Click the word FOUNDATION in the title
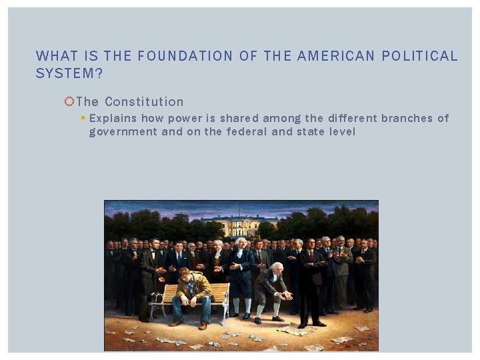(177, 57)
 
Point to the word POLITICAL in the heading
(419, 57)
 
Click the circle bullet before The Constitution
(69, 102)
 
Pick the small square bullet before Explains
(83, 118)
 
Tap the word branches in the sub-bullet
(407, 119)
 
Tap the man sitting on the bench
(191, 294)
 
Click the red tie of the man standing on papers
(310, 257)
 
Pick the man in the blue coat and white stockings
(241, 273)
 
